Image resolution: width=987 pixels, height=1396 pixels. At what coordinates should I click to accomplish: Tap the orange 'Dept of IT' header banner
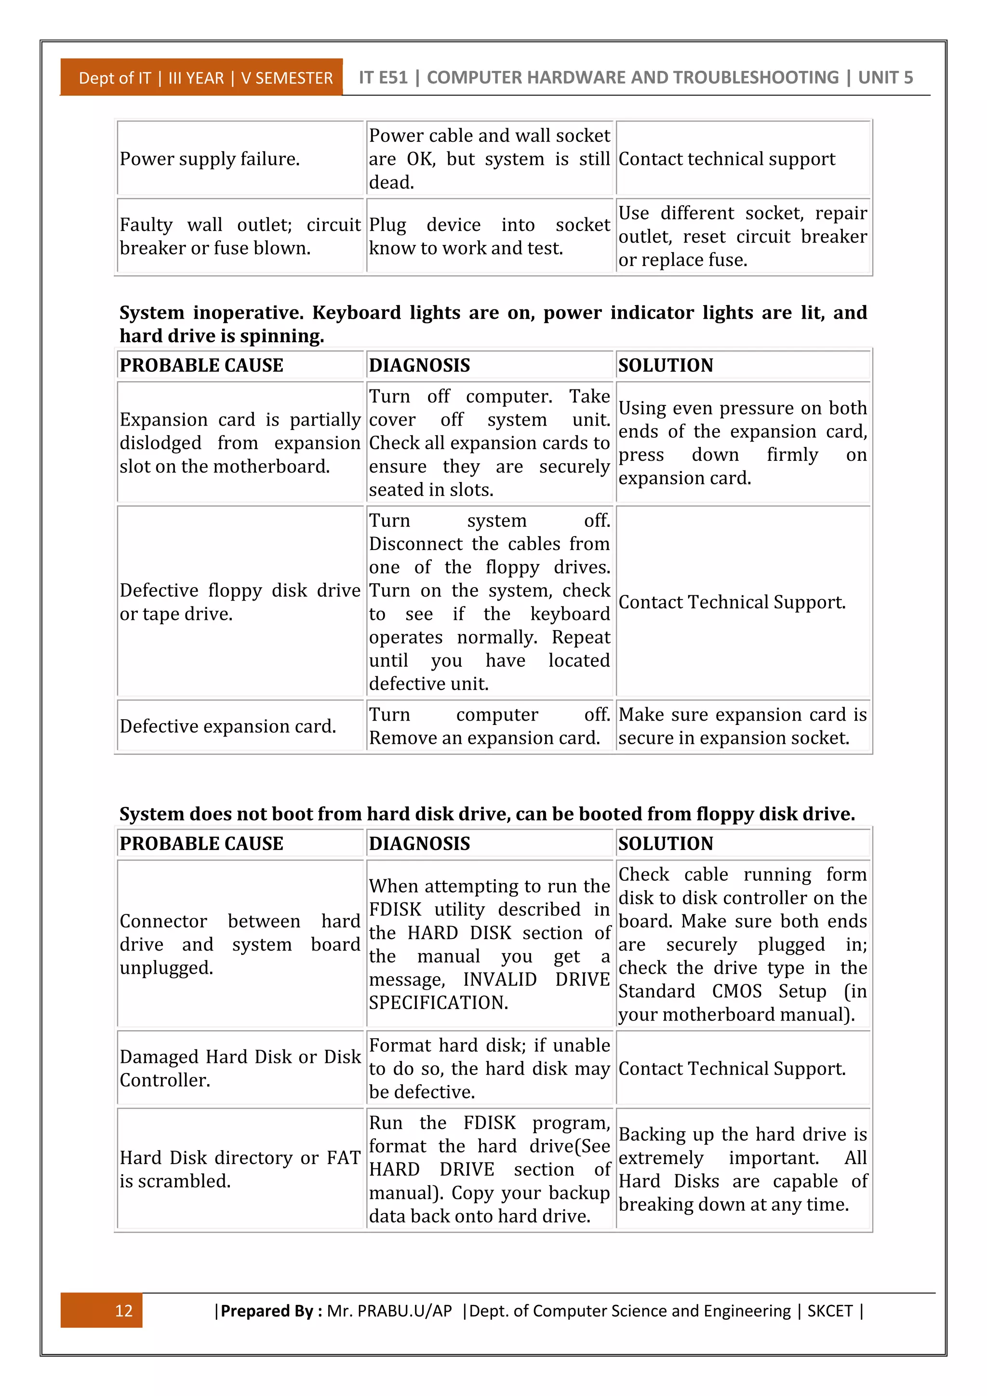click(x=202, y=78)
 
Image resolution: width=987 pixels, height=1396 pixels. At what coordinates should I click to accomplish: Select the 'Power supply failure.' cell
click(x=210, y=159)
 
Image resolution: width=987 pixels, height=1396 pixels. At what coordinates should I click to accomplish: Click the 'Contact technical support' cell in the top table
click(x=727, y=159)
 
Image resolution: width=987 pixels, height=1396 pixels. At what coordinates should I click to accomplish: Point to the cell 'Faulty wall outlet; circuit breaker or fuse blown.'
click(x=240, y=236)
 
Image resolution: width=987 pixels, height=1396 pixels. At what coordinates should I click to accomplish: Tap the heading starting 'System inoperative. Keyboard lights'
click(x=492, y=323)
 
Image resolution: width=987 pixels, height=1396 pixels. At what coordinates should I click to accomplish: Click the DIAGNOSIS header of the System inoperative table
click(x=419, y=365)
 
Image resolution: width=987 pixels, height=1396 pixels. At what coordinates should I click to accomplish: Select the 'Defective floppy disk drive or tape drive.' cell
click(x=240, y=602)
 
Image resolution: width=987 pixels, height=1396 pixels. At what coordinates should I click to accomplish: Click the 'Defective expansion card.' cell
click(x=228, y=726)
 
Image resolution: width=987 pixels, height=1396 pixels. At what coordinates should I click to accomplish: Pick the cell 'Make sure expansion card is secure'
click(x=742, y=726)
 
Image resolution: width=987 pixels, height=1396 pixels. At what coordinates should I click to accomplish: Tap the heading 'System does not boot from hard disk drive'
click(x=486, y=814)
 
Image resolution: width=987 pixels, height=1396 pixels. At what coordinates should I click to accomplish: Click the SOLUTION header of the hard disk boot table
click(x=666, y=843)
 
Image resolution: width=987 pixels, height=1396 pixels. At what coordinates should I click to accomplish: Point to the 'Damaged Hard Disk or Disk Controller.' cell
click(x=240, y=1068)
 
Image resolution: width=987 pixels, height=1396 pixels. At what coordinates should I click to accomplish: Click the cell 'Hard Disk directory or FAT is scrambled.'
click(x=240, y=1168)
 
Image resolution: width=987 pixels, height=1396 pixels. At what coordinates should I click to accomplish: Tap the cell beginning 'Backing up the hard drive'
click(x=742, y=1168)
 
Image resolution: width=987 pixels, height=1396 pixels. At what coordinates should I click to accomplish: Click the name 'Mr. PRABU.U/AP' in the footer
click(x=389, y=1311)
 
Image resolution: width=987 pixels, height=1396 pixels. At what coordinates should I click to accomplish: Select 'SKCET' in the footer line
click(x=829, y=1311)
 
